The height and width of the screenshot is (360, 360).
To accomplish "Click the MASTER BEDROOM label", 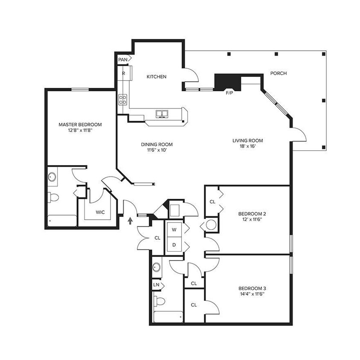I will [80, 125].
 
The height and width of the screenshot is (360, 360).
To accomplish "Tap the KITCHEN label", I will [157, 77].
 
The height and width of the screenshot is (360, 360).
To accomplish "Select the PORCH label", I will [279, 73].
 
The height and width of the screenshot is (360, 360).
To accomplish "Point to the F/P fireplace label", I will [229, 93].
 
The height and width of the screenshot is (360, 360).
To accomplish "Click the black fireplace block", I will [227, 81].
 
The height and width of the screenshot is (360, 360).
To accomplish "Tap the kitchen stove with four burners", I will [123, 100].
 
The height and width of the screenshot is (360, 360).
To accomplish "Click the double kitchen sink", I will [162, 113].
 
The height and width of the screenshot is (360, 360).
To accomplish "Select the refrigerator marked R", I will [124, 73].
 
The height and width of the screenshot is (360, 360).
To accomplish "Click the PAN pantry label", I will [123, 59].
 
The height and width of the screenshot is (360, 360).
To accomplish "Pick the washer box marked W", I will [174, 229].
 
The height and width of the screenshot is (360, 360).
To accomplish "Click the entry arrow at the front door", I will [130, 221].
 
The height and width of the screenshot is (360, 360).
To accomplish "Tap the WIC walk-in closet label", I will [100, 212].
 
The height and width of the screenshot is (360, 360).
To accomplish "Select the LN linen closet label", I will [156, 284].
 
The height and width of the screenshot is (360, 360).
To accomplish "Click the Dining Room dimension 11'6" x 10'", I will [157, 150].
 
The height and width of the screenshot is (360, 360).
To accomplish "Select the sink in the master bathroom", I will [52, 177].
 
